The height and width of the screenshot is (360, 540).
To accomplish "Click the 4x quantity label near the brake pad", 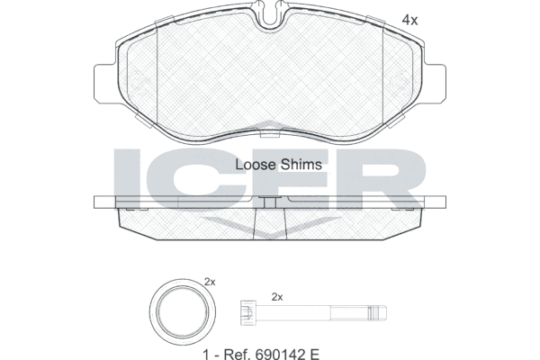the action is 409,21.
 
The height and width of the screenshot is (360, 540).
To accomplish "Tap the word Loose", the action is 255,165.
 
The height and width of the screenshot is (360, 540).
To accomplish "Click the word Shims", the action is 300,165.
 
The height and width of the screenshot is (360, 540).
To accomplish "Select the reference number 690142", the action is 280,354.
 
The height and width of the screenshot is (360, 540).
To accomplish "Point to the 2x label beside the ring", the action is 210,282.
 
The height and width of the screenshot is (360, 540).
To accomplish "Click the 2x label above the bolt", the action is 277,297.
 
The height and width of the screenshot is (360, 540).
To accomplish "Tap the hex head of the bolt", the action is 248,313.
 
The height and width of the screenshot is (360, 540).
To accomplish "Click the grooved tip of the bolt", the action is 377,313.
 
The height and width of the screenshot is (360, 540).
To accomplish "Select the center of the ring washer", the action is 183,312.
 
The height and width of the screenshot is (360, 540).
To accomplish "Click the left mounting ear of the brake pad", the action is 104,83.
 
